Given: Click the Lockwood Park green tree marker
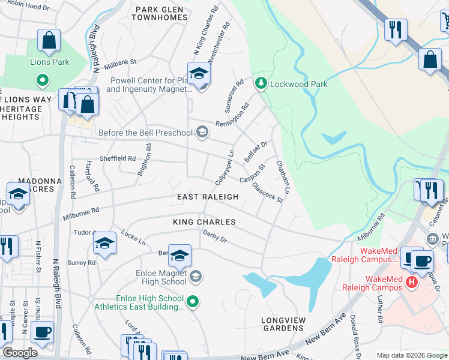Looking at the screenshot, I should (x=261, y=84).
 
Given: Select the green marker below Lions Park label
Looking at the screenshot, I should (x=43, y=79).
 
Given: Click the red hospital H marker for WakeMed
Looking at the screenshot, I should (x=412, y=281).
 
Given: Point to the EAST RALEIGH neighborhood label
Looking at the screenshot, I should (x=208, y=197).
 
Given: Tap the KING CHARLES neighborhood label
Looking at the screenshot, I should (x=204, y=222).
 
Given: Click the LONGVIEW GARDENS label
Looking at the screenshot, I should (x=283, y=324).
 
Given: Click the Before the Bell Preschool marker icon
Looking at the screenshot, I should (x=202, y=133).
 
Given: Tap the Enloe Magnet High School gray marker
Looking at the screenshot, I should (x=195, y=277).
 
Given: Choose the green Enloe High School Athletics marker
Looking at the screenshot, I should (x=192, y=302).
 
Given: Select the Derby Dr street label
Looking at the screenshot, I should (x=214, y=236).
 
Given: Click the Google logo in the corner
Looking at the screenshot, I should (x=20, y=353).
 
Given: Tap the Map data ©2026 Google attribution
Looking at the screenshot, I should (x=411, y=355).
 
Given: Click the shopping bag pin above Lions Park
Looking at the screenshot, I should (x=49, y=41).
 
